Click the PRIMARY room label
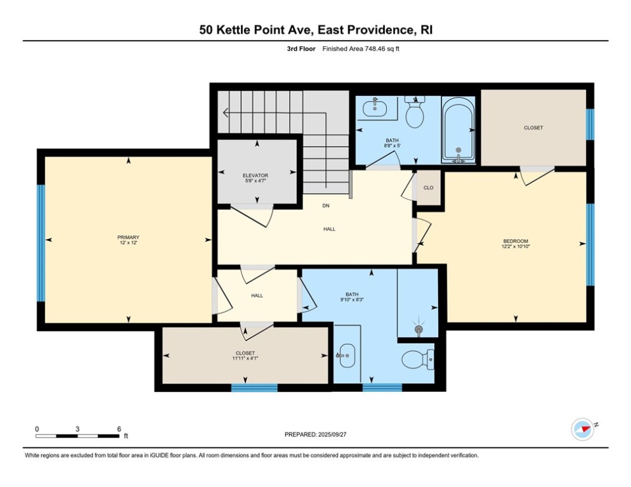click(127, 237)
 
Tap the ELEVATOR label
click(256, 175)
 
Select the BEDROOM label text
click(516, 241)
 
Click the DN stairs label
click(326, 206)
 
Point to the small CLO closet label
click(428, 188)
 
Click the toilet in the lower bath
click(418, 360)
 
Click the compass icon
click(582, 429)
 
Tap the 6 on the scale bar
click(119, 429)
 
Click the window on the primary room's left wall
click(41, 242)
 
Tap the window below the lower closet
click(254, 387)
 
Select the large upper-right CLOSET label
click(533, 127)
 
